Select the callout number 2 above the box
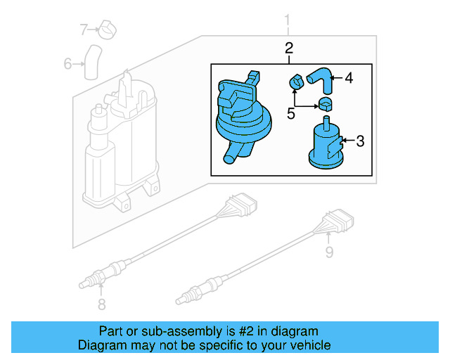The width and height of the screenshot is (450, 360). tap(288, 48)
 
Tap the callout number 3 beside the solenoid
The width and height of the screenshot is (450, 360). tap(359, 141)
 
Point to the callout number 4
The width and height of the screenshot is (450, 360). tap(348, 78)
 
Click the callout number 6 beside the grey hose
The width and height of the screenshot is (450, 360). tap(68, 64)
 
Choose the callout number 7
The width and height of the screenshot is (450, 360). tap(84, 30)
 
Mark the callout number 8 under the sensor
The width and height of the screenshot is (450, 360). tap(101, 304)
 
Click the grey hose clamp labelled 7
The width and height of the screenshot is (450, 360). tap(108, 30)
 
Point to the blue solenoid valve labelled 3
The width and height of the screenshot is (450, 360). tap(325, 146)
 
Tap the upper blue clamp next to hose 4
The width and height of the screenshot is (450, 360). tap(296, 82)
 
